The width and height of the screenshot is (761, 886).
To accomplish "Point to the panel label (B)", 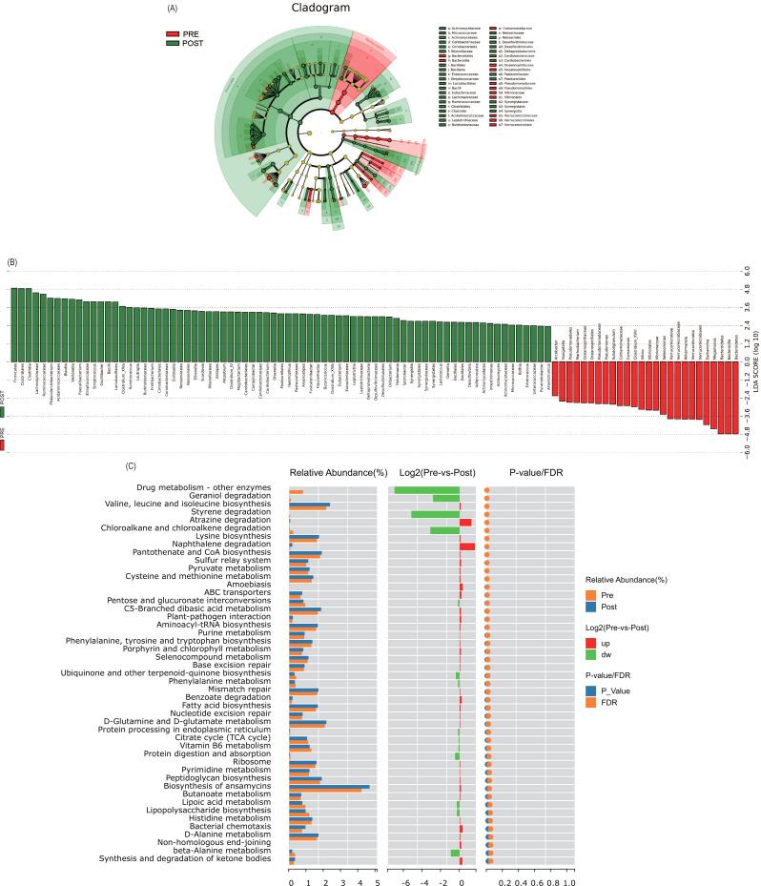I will (x=12, y=261).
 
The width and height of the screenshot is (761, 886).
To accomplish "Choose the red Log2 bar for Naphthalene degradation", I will (x=467, y=546).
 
